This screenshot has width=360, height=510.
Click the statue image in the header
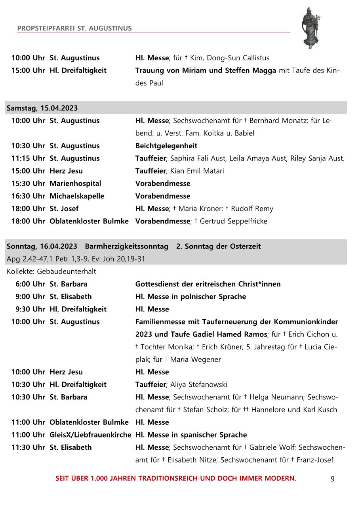tap(310, 28)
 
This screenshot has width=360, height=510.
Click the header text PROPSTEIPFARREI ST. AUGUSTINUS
tap(74, 29)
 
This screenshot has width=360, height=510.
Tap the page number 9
tap(332, 479)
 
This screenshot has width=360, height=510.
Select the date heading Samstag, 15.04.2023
tap(42, 108)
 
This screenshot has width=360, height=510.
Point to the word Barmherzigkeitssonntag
tap(126, 246)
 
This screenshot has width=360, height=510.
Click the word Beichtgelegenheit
tap(166, 146)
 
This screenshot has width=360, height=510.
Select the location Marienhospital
tap(75, 183)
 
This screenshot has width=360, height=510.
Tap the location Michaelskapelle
tap(77, 196)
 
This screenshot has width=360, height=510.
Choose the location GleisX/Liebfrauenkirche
tap(90, 435)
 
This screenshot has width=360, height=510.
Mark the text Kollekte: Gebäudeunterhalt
tap(51, 271)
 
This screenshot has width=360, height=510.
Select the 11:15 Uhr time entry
tap(28, 159)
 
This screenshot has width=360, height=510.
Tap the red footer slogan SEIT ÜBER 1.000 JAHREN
tap(176, 478)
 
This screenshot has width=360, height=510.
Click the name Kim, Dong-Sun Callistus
tap(230, 58)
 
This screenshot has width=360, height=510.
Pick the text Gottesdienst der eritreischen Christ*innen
tap(208, 284)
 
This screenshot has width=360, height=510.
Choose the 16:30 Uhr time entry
tap(28, 196)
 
